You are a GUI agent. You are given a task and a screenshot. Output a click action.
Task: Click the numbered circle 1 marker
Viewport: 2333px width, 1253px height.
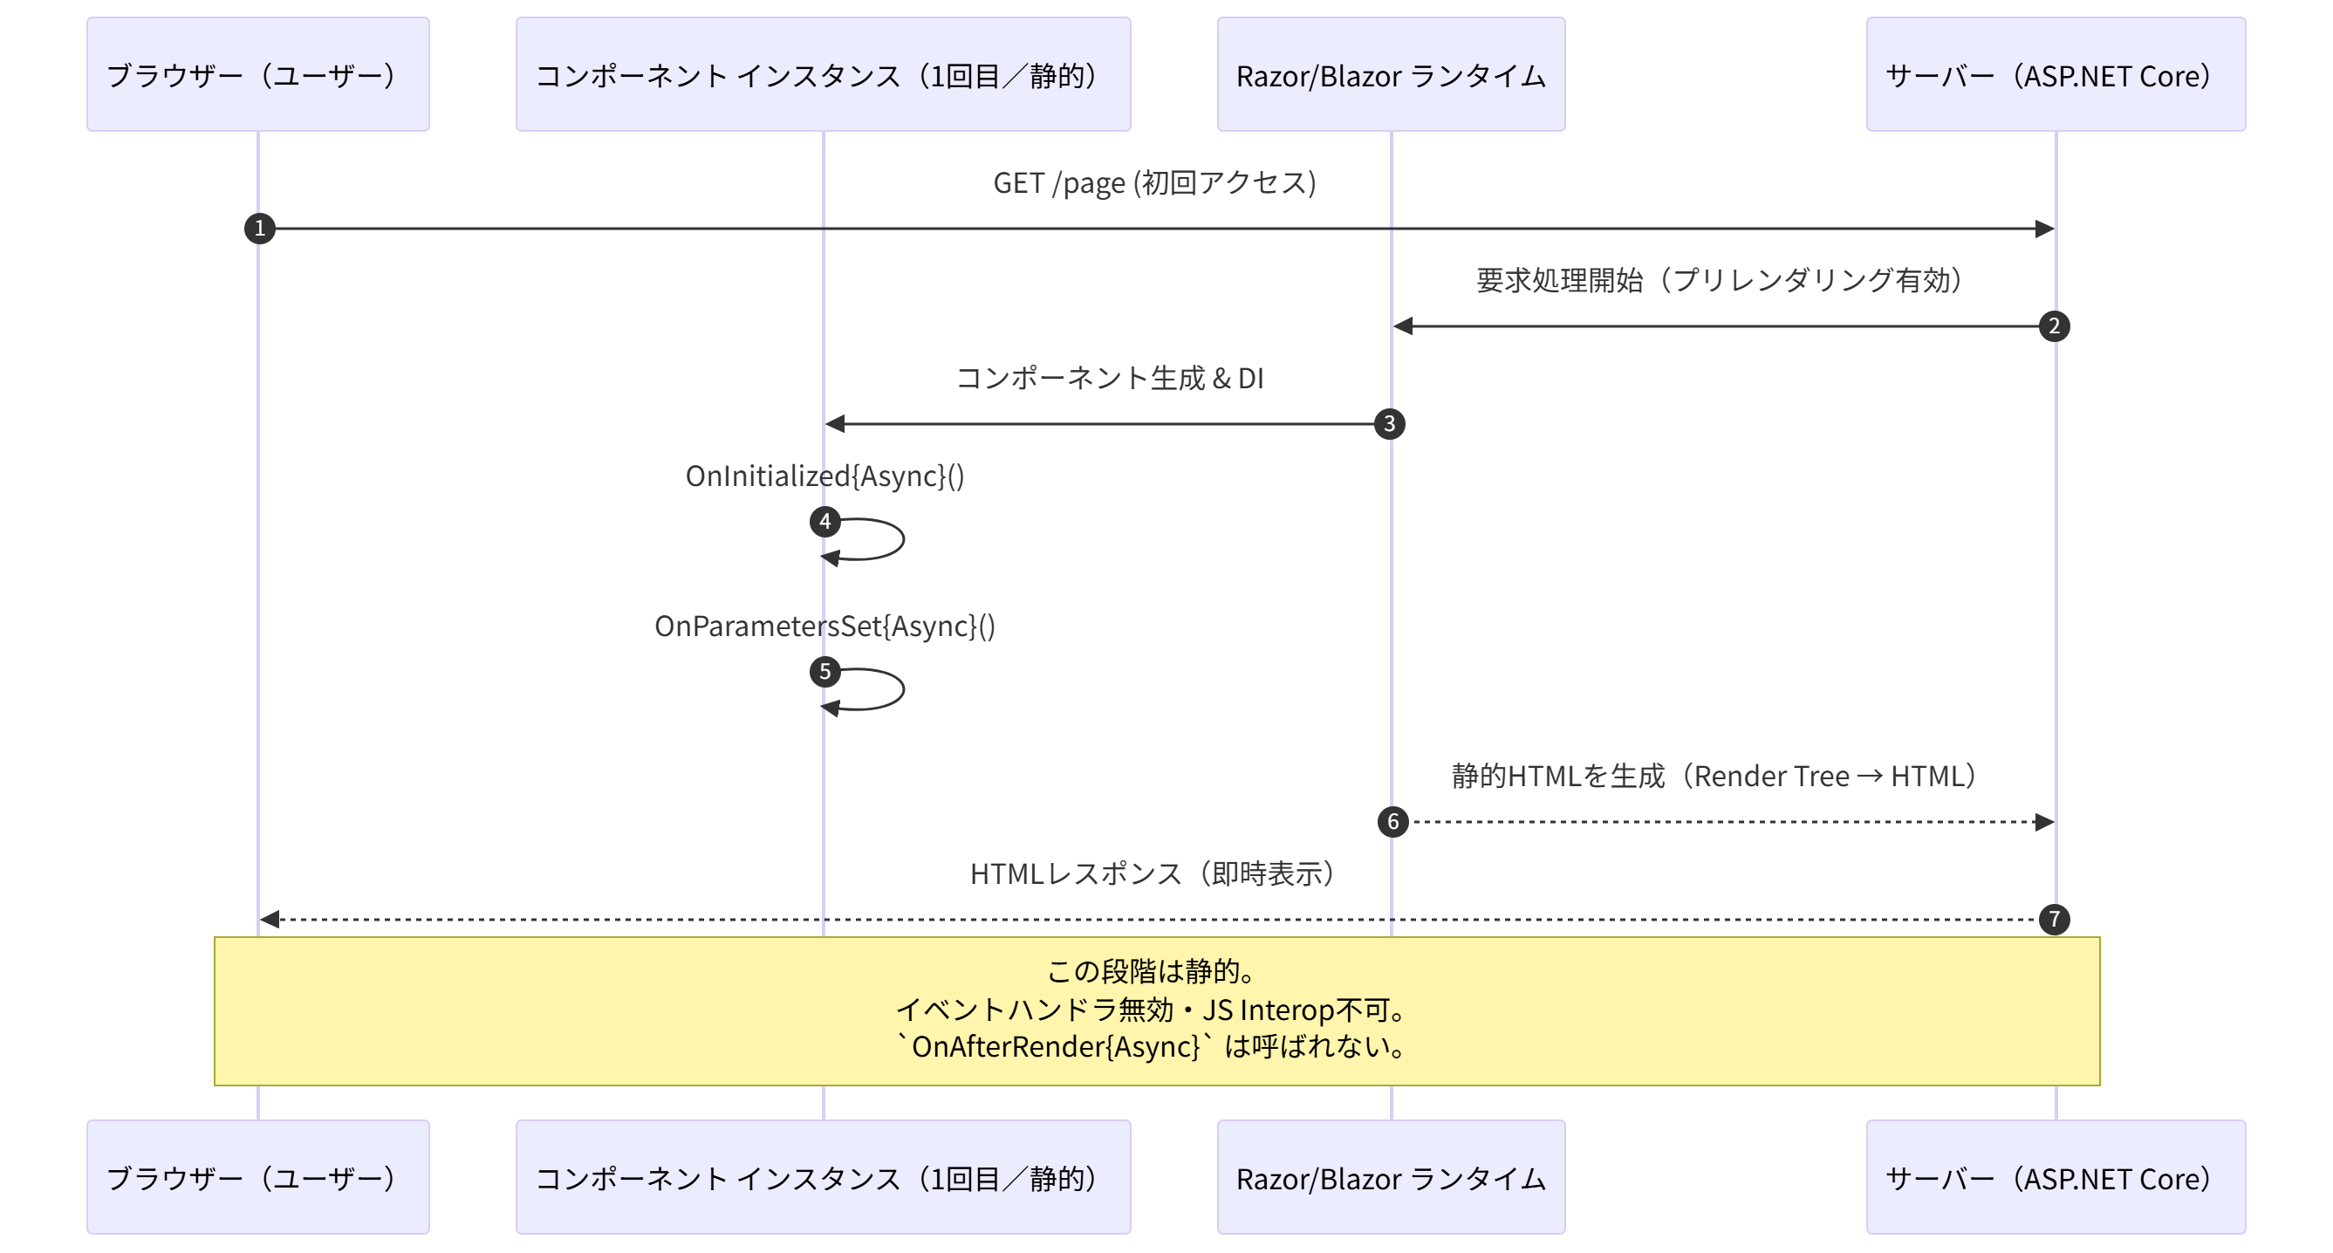pos(260,229)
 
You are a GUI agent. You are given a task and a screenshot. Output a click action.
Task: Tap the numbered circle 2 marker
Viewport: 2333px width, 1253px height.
pos(2053,326)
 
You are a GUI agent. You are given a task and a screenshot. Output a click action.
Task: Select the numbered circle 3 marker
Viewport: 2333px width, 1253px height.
pos(1389,424)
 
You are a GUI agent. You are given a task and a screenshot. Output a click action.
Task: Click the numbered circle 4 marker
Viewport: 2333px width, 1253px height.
pos(825,522)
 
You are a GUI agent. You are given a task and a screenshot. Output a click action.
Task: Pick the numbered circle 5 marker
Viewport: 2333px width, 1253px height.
pos(825,672)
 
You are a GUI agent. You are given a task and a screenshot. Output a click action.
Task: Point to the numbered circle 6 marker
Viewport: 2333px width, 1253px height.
pos(1393,822)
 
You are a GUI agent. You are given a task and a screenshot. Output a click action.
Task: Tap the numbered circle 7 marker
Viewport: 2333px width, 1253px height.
pos(2053,920)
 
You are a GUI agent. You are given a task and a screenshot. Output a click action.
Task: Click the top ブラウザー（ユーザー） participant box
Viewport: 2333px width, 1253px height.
pos(258,74)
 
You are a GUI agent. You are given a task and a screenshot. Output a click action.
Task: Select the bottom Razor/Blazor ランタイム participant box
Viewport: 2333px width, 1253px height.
pos(1390,1177)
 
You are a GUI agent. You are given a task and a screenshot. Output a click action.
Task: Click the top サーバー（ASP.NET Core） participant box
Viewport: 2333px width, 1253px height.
pos(2055,74)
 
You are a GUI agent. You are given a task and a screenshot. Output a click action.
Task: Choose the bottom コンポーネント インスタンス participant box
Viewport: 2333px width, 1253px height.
pos(823,1177)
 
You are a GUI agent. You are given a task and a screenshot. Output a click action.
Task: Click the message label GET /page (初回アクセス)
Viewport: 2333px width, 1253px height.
pos(1153,183)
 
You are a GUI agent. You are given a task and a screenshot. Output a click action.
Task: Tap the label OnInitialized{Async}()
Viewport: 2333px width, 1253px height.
pos(824,476)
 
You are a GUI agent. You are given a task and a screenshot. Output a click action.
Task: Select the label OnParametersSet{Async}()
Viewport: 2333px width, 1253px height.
pos(824,626)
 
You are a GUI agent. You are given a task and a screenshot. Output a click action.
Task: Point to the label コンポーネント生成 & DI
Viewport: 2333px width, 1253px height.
pos(1109,378)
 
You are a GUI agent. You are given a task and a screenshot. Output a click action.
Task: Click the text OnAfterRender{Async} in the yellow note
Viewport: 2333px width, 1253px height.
pos(1055,1047)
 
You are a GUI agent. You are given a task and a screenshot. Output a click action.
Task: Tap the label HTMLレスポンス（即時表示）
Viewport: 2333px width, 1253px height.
pos(1152,873)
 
